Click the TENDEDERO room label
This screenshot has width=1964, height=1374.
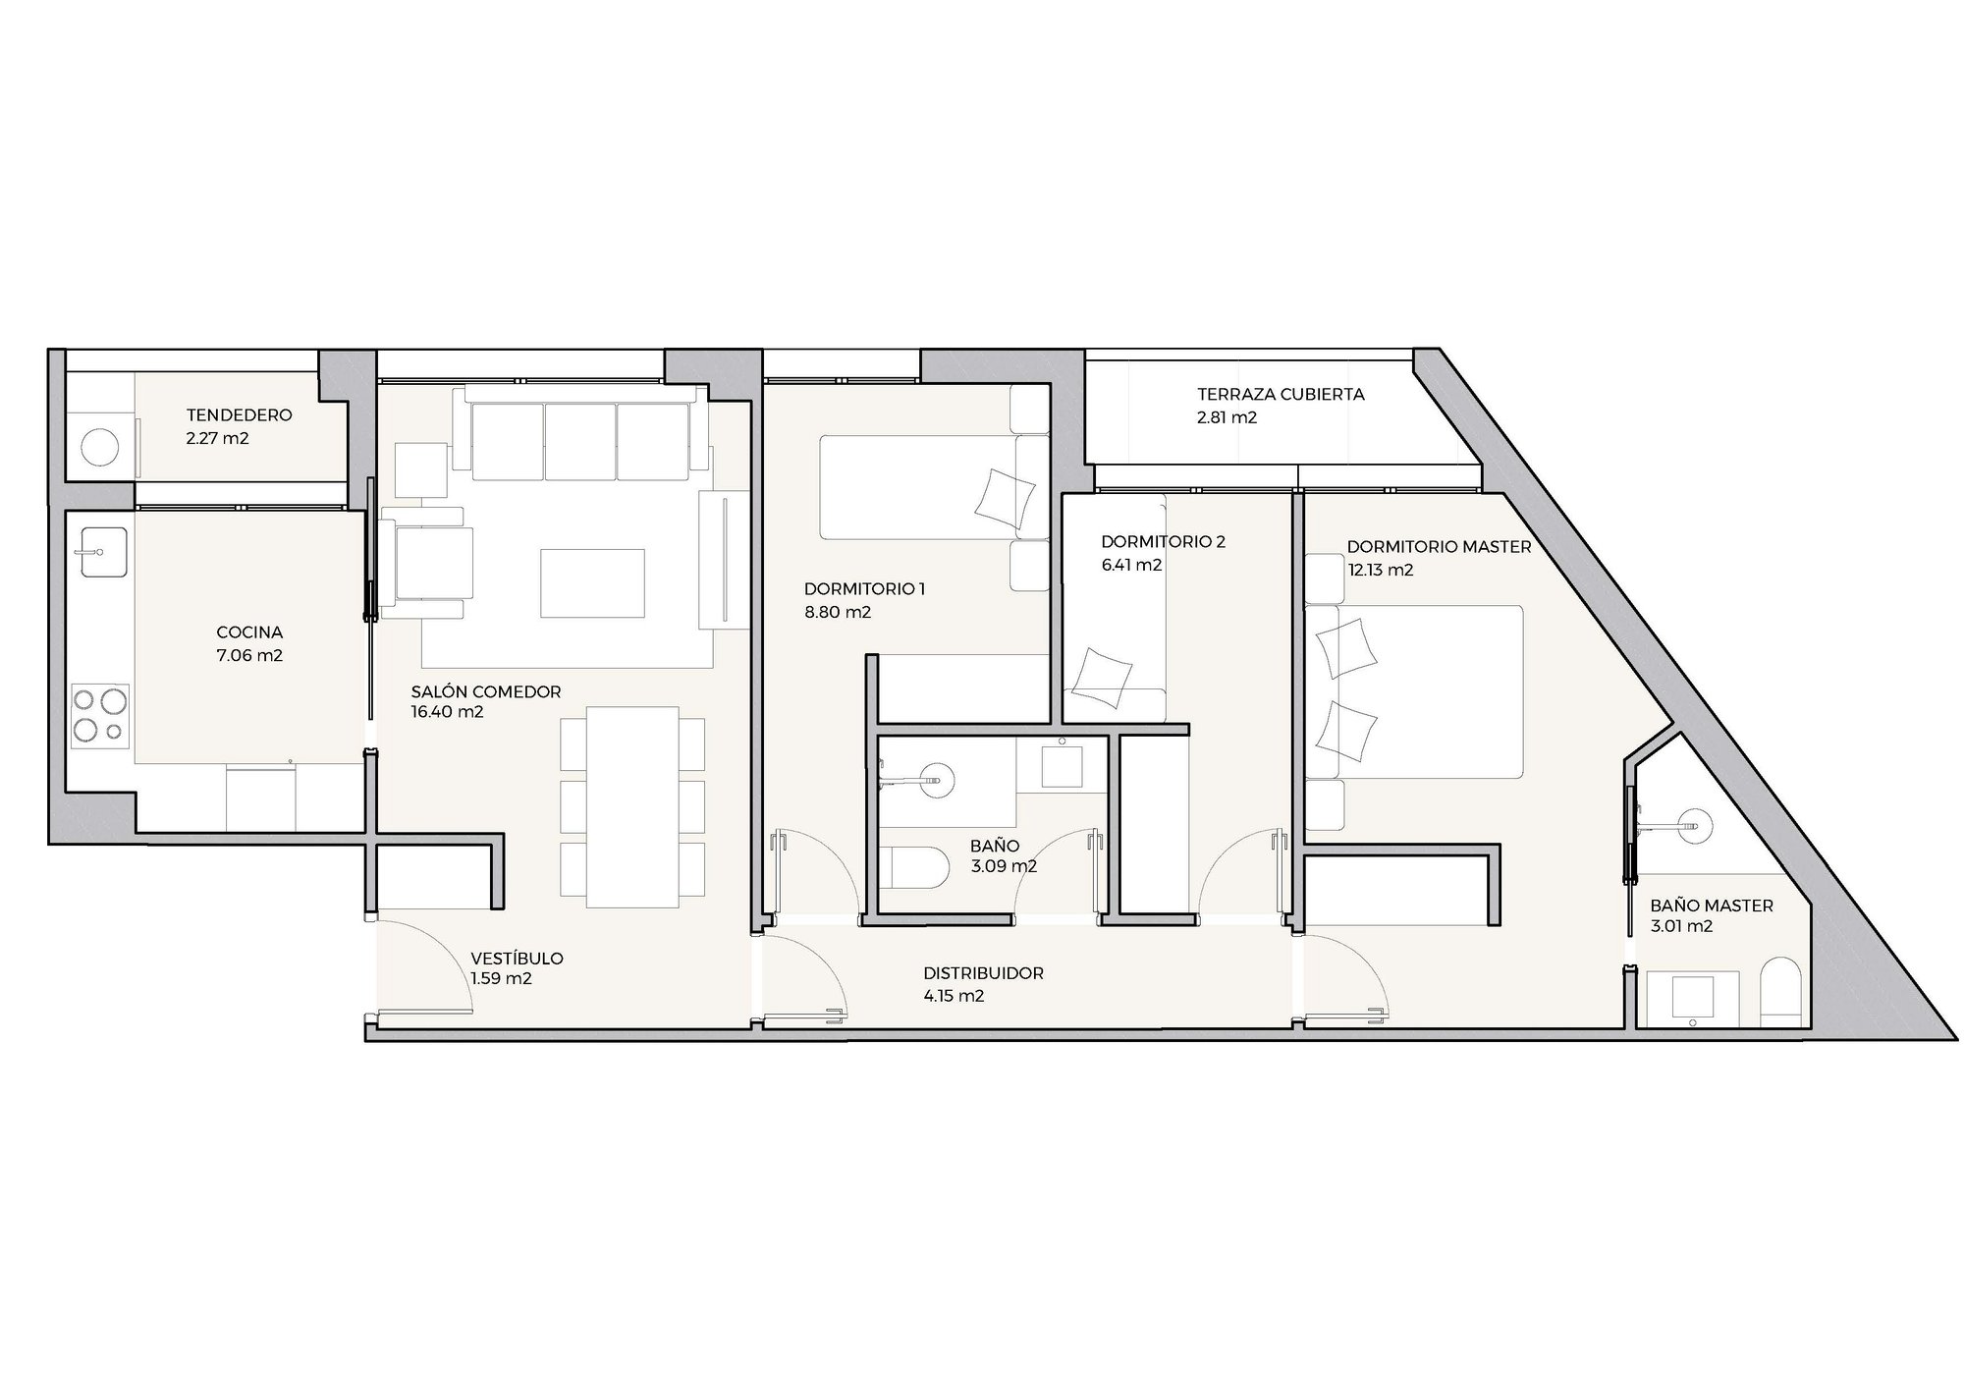[239, 415]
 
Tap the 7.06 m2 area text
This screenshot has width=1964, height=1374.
[249, 655]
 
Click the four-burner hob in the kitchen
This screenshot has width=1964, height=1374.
[101, 716]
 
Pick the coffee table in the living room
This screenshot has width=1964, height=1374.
[592, 582]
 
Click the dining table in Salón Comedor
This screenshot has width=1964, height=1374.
[632, 807]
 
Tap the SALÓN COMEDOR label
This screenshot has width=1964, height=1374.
[486, 691]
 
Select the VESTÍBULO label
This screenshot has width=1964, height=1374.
[517, 959]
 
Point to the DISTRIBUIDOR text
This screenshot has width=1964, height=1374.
[983, 974]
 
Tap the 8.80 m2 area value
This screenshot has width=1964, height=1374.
[838, 613]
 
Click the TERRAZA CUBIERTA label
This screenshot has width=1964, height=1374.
[1281, 395]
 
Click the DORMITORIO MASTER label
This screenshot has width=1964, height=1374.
[1439, 547]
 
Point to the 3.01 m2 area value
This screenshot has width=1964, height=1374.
[1683, 926]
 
